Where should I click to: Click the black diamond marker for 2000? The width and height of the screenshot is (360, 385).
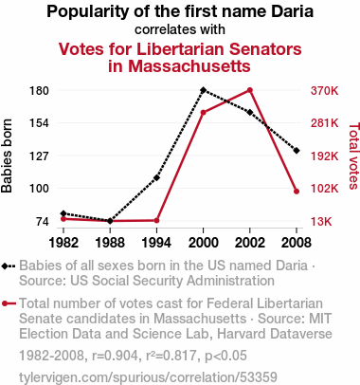click(203, 90)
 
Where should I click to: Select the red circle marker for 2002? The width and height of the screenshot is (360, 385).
click(250, 90)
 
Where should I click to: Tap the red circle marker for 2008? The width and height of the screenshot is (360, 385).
click(297, 192)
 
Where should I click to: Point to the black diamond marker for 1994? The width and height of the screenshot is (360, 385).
click(156, 177)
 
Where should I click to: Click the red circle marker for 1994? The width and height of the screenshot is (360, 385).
click(156, 221)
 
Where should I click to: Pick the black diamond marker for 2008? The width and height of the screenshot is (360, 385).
click(297, 151)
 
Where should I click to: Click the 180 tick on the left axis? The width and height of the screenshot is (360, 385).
click(39, 91)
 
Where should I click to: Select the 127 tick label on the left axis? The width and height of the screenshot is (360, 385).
click(39, 156)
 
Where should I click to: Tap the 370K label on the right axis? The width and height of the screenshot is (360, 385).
click(324, 91)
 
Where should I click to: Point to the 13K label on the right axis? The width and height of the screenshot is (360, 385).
click(321, 221)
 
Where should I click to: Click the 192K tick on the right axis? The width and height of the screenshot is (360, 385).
click(324, 156)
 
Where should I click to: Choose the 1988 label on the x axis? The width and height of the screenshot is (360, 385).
click(110, 243)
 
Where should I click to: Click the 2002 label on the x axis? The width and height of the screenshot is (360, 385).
click(250, 243)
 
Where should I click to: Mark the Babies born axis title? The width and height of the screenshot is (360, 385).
click(7, 156)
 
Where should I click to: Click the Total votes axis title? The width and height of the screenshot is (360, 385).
click(354, 156)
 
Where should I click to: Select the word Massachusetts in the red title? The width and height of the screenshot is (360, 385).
click(189, 66)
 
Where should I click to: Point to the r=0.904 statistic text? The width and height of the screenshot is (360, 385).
click(115, 356)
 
